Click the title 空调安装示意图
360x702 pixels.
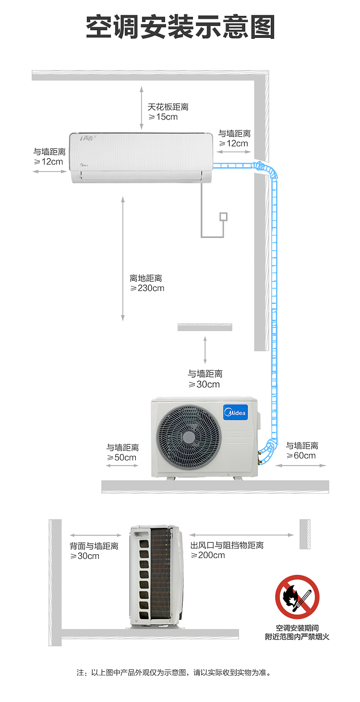point(180,27)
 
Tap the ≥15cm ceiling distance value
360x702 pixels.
point(163,117)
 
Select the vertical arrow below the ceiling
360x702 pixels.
point(142,108)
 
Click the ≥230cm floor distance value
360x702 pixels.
point(147,288)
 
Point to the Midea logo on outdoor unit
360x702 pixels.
point(236,413)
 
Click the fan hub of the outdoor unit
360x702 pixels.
point(189,437)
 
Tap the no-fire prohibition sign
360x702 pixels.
point(297,597)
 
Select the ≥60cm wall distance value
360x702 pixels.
point(301,455)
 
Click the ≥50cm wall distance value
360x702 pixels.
point(121,458)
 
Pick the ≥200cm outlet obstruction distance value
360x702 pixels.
point(207,555)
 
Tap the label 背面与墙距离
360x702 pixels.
point(94,546)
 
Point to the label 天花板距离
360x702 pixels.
point(168,107)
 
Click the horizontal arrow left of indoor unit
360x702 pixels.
point(49,171)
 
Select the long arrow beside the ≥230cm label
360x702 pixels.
point(123,259)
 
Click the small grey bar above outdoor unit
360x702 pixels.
point(205,327)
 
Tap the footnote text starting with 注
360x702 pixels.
point(174,673)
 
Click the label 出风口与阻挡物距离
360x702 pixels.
point(227,545)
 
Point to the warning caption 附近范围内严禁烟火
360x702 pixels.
point(297,636)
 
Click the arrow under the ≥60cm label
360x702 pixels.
point(301,466)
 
